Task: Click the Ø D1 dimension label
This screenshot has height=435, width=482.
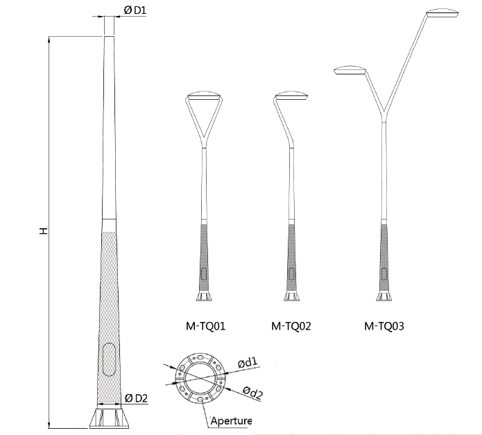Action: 135,10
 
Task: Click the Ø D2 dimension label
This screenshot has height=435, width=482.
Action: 136,398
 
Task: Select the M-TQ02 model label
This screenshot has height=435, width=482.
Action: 291,325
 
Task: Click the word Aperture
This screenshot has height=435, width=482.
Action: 231,421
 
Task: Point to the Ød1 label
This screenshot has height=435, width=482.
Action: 248,362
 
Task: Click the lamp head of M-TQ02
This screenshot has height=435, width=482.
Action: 291,95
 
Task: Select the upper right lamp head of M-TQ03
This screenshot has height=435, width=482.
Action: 443,11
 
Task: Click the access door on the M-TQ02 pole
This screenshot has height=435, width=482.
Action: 291,273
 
